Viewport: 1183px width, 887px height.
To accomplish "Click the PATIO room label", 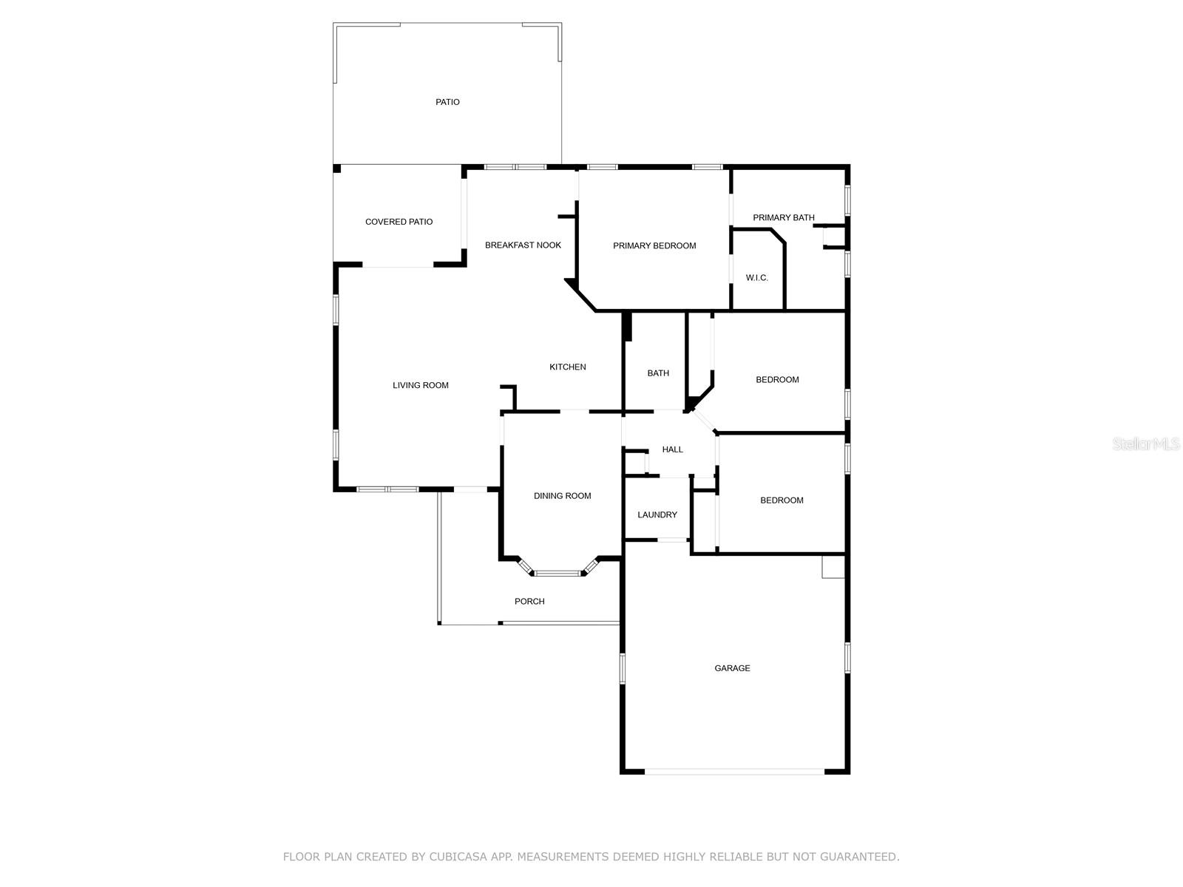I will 447,102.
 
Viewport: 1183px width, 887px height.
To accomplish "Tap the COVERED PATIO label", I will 399,222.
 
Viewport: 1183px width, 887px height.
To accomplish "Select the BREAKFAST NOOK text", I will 523,245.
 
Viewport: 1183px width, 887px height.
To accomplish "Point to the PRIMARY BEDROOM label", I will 654,245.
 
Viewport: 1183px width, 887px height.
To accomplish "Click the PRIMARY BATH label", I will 783,217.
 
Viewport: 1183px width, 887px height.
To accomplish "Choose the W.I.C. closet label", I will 756,278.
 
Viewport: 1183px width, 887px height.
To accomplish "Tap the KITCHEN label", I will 567,367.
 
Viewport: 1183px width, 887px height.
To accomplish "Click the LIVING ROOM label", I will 420,385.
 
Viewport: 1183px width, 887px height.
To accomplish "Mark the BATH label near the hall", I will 658,373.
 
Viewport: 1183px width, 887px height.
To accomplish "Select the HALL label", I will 672,449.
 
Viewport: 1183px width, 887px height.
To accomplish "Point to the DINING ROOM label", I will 562,496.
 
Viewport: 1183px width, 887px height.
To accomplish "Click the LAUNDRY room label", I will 657,514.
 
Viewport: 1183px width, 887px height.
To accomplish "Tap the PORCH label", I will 529,602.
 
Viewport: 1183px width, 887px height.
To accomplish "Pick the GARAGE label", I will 732,668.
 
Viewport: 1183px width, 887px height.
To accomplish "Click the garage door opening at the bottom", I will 734,772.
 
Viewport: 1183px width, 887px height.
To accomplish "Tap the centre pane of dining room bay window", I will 558,572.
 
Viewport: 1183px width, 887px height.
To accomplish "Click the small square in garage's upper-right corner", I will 833,567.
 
